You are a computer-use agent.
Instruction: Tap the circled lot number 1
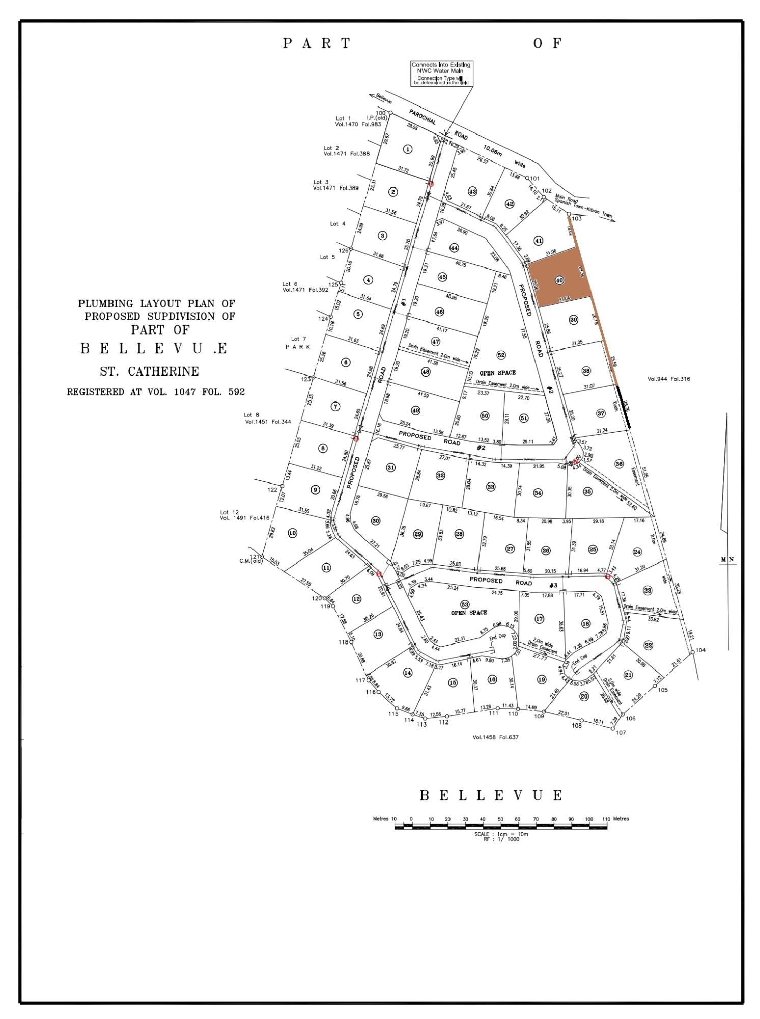407,149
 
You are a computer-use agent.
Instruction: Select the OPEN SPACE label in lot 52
497,373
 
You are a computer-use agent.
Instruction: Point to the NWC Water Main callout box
441,73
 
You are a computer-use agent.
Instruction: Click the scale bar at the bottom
501,827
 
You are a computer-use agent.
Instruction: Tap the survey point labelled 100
390,113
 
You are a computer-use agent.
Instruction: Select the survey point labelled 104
692,652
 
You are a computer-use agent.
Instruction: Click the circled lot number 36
619,464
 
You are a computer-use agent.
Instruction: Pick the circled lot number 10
292,533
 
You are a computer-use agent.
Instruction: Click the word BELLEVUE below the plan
492,795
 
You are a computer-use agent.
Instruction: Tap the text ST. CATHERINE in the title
149,371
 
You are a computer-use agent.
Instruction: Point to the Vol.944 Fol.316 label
668,379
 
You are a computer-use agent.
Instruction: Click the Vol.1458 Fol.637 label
495,737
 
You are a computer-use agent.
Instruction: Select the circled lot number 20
584,696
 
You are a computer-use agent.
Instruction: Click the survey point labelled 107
613,728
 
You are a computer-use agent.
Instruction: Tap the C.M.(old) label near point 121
251,562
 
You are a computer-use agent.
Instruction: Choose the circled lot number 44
455,248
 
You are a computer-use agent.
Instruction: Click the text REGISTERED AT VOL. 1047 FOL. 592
156,392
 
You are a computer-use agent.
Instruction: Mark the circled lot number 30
376,521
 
